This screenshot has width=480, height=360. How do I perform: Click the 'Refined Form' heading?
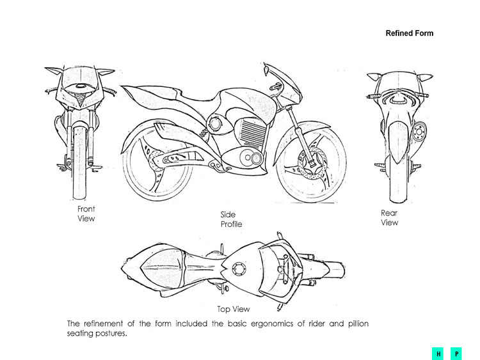tap(409, 33)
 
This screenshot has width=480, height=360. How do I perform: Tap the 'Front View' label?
tap(86, 214)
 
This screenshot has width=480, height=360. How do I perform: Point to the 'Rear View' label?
tap(389, 217)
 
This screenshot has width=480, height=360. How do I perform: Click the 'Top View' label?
tap(234, 309)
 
